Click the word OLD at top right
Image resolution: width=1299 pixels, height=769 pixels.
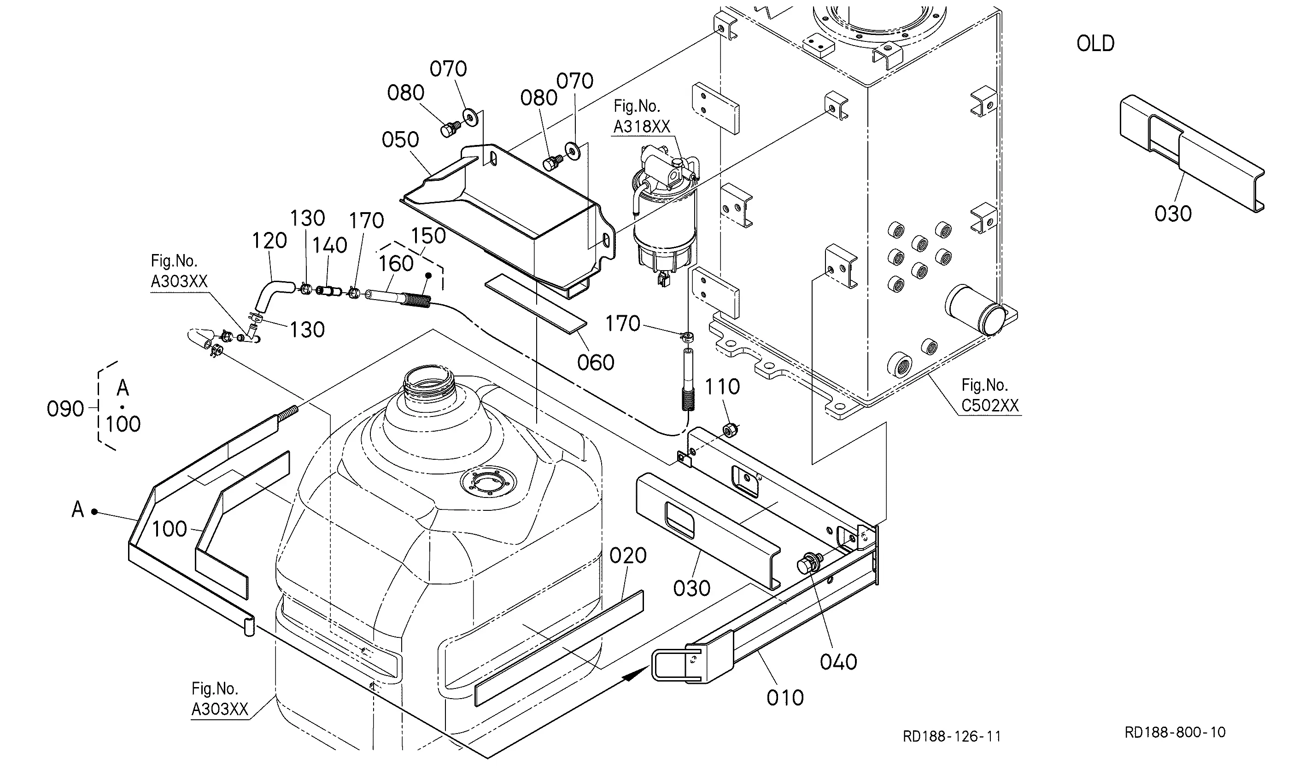pyautogui.click(x=1095, y=44)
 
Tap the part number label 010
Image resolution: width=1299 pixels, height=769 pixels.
pyautogui.click(x=785, y=698)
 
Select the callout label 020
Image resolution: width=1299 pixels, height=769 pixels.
pyautogui.click(x=628, y=556)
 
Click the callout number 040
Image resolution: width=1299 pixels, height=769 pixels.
pyautogui.click(x=838, y=662)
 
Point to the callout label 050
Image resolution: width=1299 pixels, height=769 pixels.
pyautogui.click(x=400, y=140)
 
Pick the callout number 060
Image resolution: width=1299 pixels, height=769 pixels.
pyautogui.click(x=596, y=363)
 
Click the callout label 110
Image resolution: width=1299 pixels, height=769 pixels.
pyautogui.click(x=722, y=387)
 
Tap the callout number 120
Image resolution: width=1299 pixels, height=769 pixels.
pyautogui.click(x=269, y=240)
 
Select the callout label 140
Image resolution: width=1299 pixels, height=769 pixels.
pyautogui.click(x=330, y=246)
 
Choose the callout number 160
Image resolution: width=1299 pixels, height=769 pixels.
pyautogui.click(x=396, y=264)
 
